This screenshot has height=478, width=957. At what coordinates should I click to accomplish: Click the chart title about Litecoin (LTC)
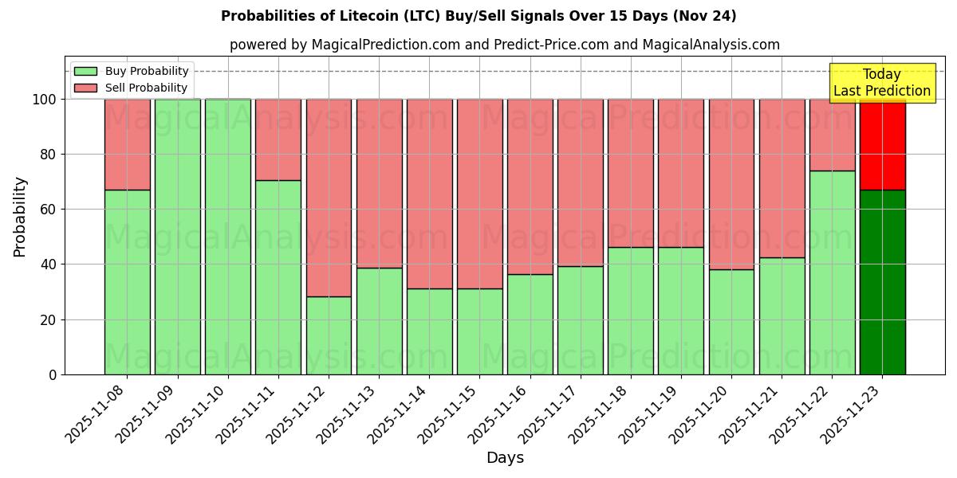478,16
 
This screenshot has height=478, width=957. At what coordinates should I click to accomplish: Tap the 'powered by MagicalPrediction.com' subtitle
504,45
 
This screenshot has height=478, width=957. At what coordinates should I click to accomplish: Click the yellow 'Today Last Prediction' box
881,83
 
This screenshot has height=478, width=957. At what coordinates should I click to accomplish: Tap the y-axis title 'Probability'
20,217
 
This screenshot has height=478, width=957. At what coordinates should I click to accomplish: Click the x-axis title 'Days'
505,458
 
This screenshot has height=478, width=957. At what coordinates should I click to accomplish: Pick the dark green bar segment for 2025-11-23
882,282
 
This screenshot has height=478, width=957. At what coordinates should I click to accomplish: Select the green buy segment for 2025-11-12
329,335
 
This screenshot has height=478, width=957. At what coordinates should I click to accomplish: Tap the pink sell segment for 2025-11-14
429,194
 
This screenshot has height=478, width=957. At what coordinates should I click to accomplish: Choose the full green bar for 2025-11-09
177,237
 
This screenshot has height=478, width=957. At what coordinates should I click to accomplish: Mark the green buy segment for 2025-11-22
832,272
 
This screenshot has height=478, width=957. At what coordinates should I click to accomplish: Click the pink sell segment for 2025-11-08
127,144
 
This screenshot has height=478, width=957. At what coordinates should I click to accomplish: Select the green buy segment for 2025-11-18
630,311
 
